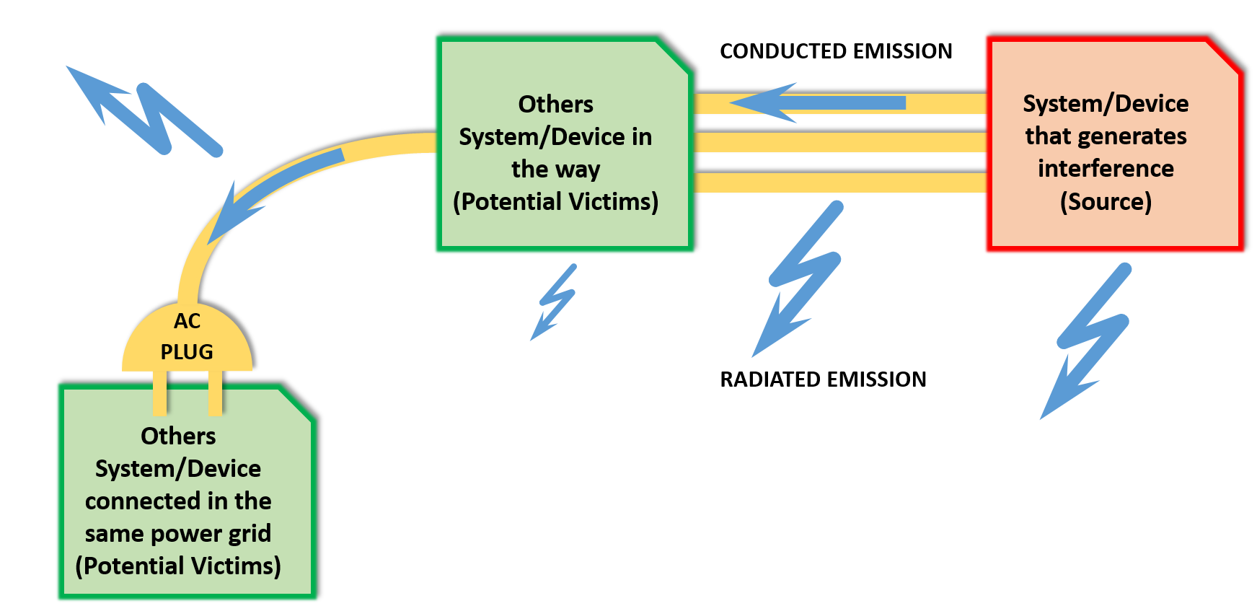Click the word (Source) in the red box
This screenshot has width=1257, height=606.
click(x=1106, y=201)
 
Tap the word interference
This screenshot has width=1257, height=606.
click(x=1106, y=169)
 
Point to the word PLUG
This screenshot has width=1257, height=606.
click(x=187, y=352)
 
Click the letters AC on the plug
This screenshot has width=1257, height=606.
click(x=187, y=321)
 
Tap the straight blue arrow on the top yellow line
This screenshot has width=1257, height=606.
click(x=822, y=103)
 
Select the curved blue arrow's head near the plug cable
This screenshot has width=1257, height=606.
click(x=231, y=216)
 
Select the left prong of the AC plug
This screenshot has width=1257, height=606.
click(x=160, y=394)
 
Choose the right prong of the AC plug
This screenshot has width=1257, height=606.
click(x=215, y=394)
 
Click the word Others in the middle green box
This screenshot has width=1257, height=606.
click(x=555, y=105)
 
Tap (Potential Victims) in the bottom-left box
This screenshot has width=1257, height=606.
click(x=178, y=566)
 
